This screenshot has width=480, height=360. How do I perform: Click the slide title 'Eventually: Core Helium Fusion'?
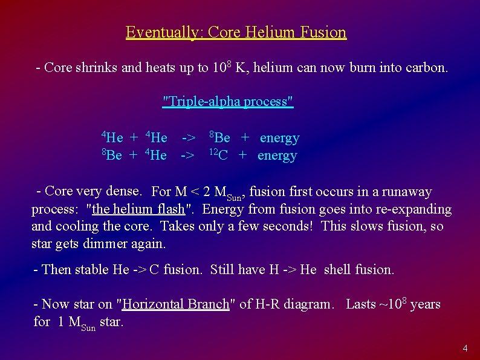click(236, 32)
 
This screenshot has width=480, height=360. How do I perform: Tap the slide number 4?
click(465, 349)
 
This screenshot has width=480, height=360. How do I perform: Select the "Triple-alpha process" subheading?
click(229, 101)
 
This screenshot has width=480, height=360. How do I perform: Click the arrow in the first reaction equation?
click(188, 138)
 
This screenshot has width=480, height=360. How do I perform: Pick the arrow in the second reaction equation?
click(188, 155)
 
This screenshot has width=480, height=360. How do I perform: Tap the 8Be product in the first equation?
click(219, 138)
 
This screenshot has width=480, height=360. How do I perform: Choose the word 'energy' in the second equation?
click(277, 155)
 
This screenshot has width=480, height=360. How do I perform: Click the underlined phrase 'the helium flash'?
click(139, 209)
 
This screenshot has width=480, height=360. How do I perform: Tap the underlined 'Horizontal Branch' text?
click(176, 304)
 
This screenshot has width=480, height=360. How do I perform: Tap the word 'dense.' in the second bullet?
click(123, 192)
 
